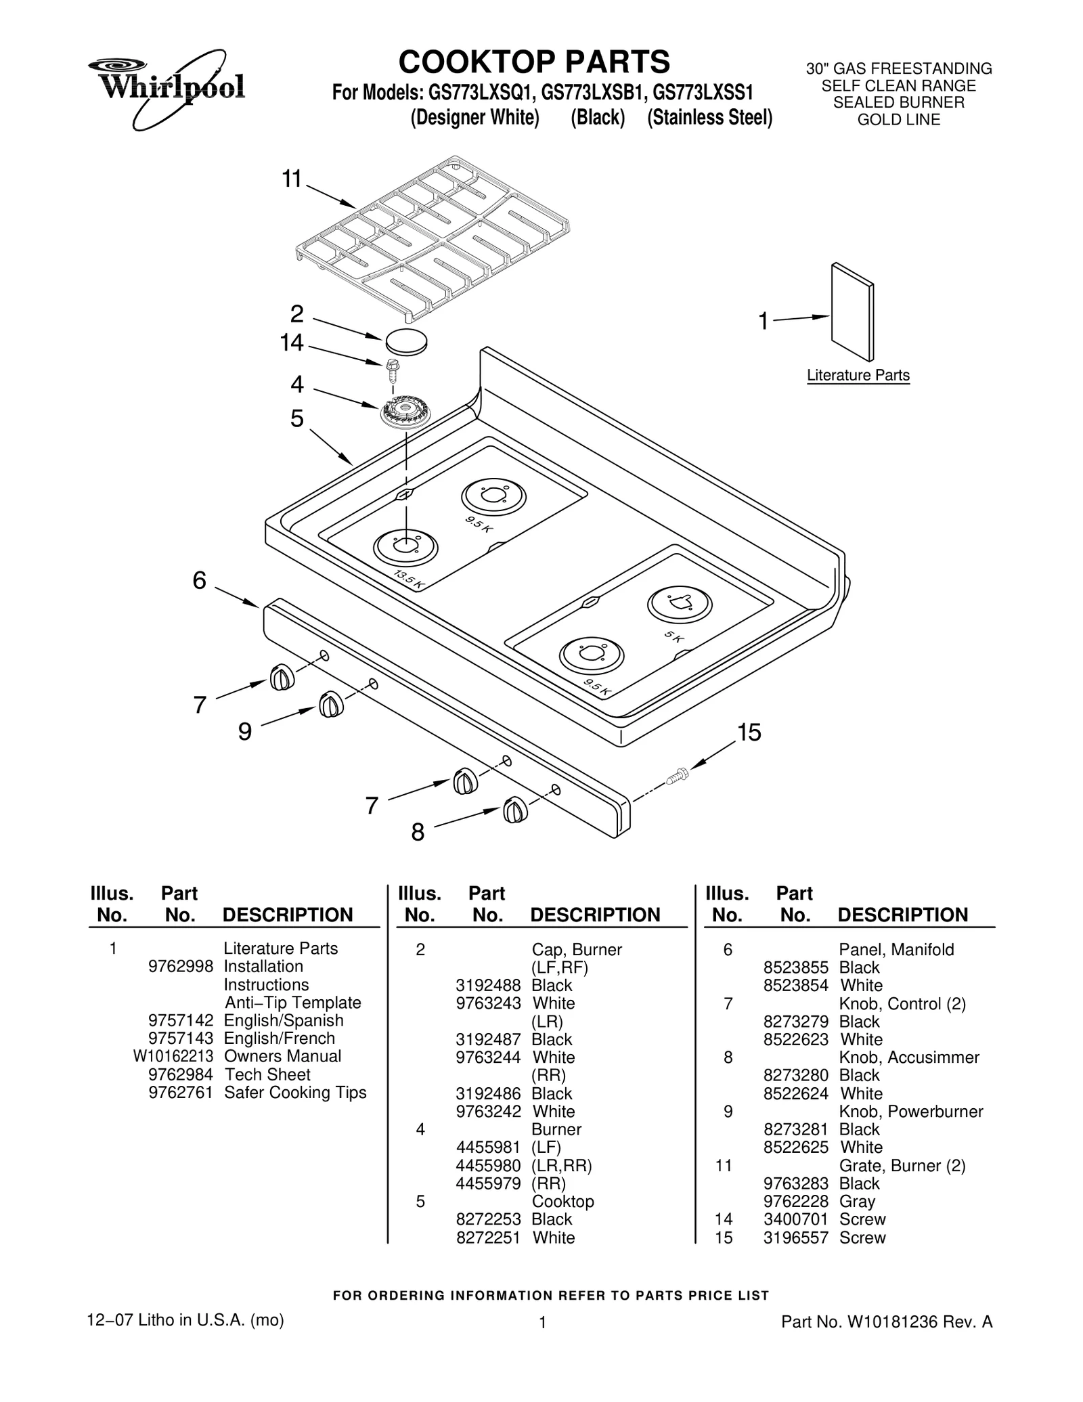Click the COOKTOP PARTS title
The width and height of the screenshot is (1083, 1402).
[534, 62]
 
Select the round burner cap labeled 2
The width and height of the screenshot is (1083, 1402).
[406, 341]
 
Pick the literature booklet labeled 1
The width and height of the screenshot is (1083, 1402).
[852, 312]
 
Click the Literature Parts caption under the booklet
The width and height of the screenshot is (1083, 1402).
[858, 376]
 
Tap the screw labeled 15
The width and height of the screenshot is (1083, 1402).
[676, 776]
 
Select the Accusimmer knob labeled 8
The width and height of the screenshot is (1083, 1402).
[514, 810]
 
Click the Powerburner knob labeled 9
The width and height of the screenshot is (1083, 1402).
[330, 705]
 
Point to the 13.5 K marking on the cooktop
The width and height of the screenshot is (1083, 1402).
[409, 580]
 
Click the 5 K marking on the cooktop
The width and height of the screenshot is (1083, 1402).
[673, 637]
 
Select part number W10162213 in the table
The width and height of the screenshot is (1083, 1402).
[173, 1056]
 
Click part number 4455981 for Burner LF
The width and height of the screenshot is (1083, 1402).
[488, 1147]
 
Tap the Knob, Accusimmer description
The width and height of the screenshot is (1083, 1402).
[908, 1057]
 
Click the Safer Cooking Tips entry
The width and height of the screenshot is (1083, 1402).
[295, 1092]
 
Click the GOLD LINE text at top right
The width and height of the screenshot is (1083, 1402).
[898, 120]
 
